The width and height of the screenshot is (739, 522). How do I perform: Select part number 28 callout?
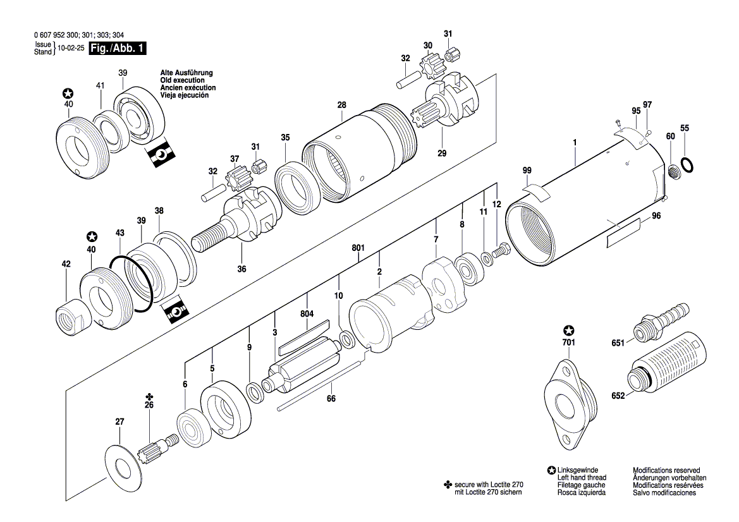(x=342, y=105)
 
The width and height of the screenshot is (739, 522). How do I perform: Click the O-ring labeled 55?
(x=688, y=166)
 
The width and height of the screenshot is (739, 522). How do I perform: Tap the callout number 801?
(x=358, y=248)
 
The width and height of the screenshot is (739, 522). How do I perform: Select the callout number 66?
(x=331, y=399)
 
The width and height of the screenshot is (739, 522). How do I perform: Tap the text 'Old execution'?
(x=182, y=80)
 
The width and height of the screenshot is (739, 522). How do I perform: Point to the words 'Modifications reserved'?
(x=666, y=471)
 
